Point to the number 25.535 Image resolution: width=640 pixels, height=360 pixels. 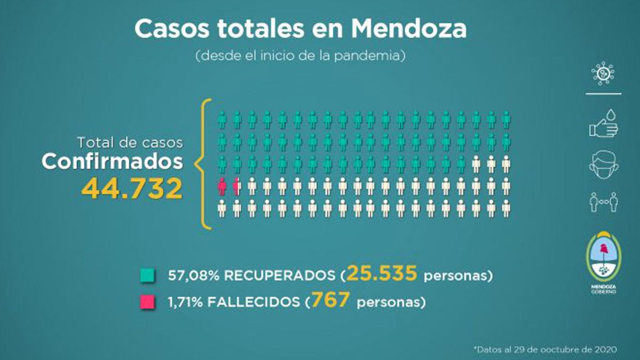coord(381,274)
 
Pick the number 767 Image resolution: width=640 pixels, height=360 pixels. coord(331,300)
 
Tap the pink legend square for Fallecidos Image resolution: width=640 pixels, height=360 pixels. coord(148,302)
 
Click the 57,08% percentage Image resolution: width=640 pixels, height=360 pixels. coord(193,276)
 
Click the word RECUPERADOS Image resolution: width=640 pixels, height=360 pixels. coord(277,276)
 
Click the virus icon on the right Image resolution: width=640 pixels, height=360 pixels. coord(603,74)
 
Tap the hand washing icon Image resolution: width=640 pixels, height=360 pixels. coord(603,124)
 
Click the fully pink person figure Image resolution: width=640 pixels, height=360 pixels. coord(222,186)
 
